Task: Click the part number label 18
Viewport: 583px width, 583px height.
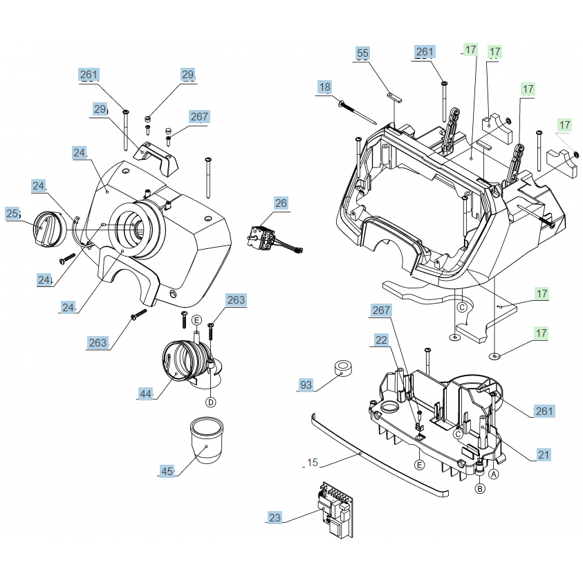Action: click(325, 87)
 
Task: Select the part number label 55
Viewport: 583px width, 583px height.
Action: click(363, 53)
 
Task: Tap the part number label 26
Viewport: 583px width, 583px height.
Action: click(281, 203)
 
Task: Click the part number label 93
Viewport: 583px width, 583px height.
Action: click(306, 385)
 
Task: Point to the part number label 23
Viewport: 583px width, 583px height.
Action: click(275, 517)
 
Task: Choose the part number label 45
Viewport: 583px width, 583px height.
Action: click(167, 471)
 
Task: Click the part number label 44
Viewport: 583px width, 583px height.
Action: click(145, 394)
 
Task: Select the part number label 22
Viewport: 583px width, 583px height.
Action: click(381, 340)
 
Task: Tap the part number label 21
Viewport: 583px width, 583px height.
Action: click(544, 454)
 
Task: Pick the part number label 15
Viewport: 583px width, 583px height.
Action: click(313, 463)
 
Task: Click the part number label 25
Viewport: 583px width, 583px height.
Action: click(13, 214)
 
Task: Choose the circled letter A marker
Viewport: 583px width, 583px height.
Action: click(494, 474)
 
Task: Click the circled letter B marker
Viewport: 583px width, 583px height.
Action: click(479, 488)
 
